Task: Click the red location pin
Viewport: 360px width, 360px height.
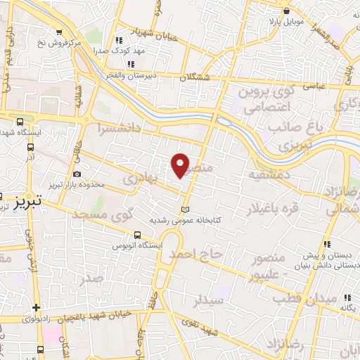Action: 181,165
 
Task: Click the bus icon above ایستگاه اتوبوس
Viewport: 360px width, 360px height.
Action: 137,236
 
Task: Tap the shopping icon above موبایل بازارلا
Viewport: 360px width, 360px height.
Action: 286,12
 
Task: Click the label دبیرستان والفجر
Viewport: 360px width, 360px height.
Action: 132,74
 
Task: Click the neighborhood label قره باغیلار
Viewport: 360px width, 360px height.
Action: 273,210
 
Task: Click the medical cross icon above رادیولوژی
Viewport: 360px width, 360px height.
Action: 36,307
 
